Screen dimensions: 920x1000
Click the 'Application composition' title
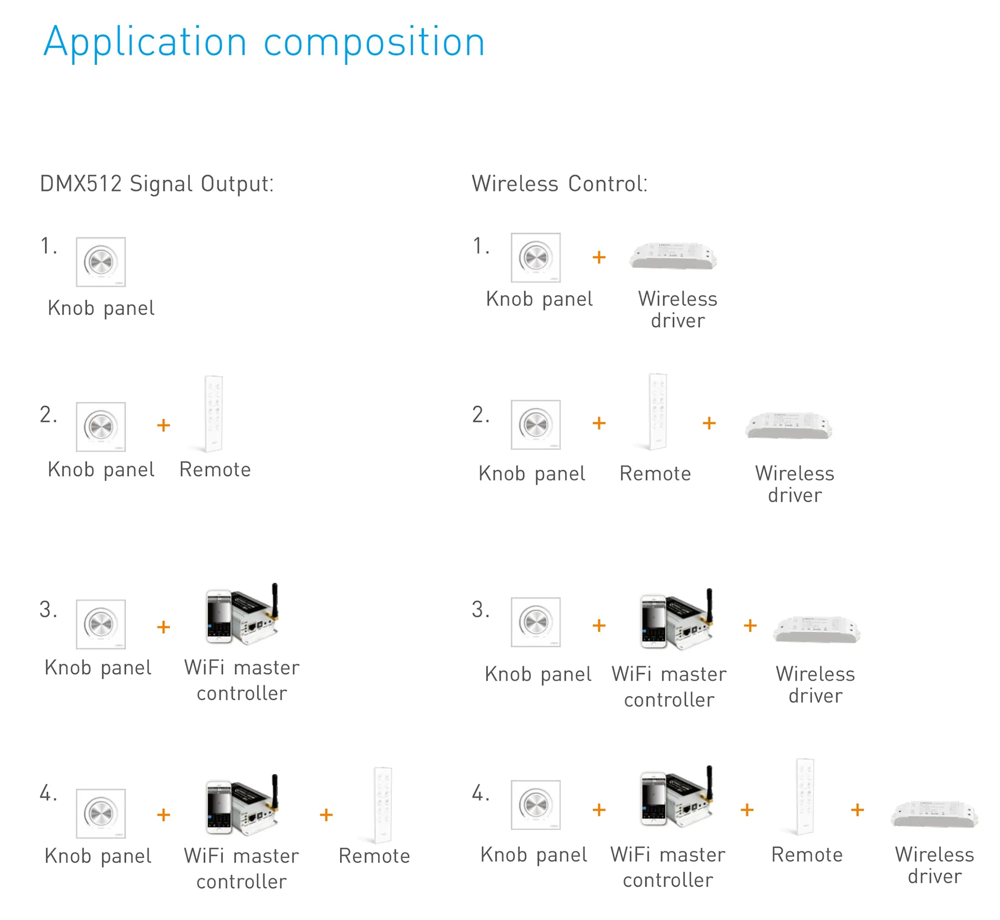[264, 42]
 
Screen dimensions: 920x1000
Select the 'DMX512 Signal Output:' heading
[157, 183]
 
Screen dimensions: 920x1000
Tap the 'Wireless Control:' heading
[559, 183]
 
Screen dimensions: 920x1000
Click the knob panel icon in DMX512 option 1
[100, 262]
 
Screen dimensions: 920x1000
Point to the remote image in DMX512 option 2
[213, 413]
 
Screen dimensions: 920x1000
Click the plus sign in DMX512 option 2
[163, 425]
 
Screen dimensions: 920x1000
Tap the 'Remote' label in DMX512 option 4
[374, 856]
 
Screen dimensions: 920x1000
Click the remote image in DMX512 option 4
[383, 804]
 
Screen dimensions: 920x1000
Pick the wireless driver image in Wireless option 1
[673, 256]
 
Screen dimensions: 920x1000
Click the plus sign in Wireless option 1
[599, 257]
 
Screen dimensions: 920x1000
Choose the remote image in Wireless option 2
[657, 411]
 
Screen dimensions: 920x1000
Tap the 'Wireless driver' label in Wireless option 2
[794, 484]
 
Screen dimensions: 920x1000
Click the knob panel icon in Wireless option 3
[535, 622]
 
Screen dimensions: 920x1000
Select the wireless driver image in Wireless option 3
[816, 629]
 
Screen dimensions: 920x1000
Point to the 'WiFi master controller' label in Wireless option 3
[669, 686]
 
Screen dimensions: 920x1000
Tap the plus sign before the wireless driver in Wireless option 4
[857, 810]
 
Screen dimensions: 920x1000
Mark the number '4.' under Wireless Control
[480, 793]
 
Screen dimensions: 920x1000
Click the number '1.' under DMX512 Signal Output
[48, 246]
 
